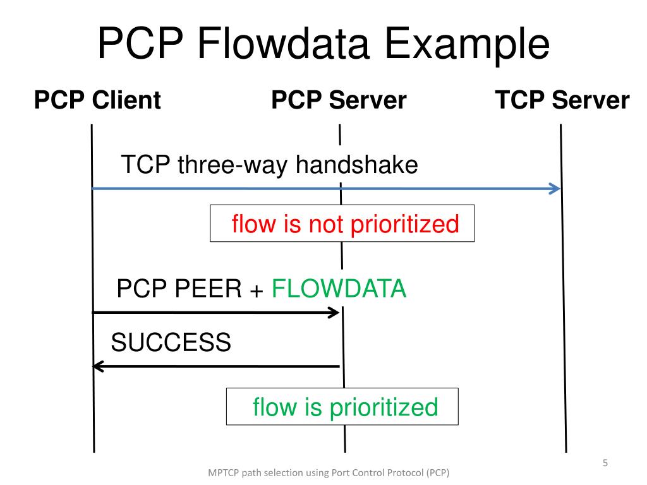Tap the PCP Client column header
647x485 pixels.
pos(97,100)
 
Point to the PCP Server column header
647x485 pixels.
pos(339,100)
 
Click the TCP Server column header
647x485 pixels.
pos(562,100)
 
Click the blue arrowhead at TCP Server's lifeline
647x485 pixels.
pos(555,188)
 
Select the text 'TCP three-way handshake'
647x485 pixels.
pos(269,165)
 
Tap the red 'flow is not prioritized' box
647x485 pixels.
pos(342,224)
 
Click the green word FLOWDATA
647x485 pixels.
pos(339,289)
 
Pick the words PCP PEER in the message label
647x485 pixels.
pos(179,289)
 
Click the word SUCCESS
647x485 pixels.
pos(171,343)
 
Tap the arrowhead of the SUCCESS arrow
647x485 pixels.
pos(97,366)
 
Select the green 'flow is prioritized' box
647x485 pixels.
pos(342,406)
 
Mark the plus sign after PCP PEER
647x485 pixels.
pos(257,290)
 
